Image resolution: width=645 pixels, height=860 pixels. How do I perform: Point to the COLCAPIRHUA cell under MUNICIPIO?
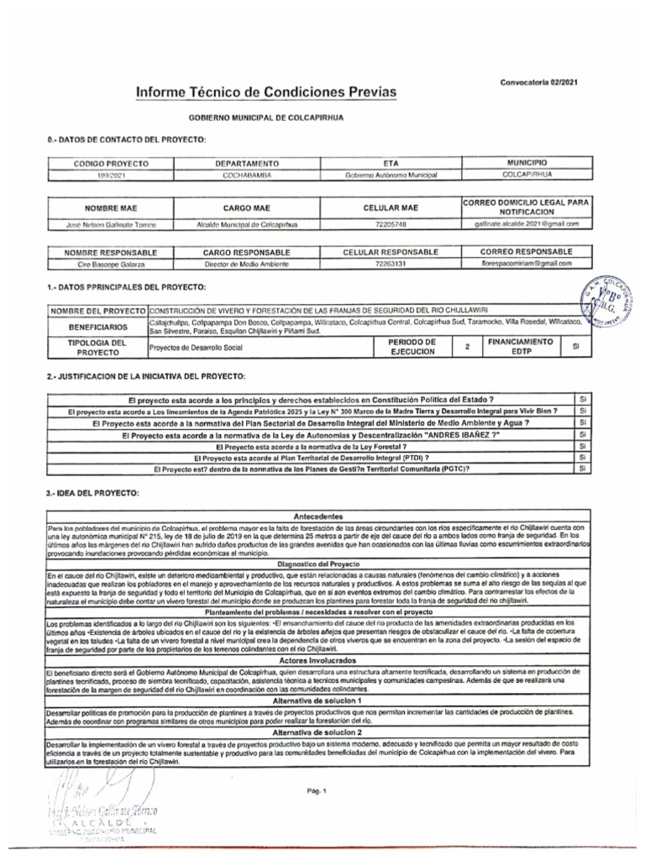(528, 174)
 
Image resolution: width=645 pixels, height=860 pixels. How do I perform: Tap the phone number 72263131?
(391, 263)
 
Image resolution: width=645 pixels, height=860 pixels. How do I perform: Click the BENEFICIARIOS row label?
(98, 327)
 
